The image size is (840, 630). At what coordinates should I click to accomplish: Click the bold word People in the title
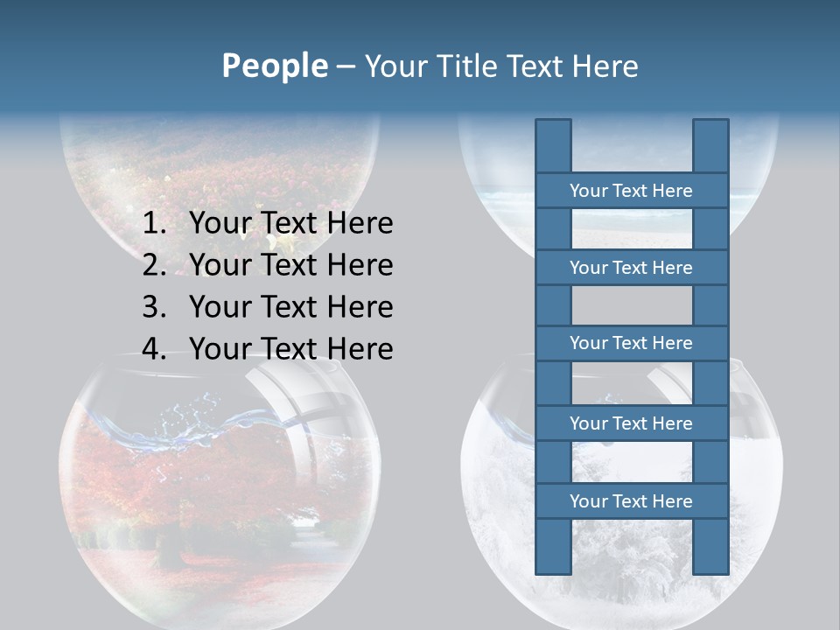coord(274,66)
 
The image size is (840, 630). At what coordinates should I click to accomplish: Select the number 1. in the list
coord(154,223)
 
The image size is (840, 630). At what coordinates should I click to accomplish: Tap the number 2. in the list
coord(154,265)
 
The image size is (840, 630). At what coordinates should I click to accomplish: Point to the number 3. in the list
coord(154,307)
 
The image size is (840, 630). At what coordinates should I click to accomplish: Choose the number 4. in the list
coord(154,349)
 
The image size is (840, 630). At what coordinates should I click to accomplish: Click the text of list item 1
coord(290,223)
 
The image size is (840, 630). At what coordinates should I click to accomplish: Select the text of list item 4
coord(290,349)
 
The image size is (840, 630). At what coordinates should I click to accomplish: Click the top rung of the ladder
coord(631,191)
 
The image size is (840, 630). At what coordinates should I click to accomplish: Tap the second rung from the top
coord(631,268)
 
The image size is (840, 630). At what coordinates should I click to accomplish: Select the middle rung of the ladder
coord(631,343)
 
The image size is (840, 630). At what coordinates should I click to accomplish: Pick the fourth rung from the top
coord(631,423)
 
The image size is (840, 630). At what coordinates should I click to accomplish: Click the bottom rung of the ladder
coord(631,501)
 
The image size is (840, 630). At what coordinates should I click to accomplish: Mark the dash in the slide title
coord(346,66)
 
